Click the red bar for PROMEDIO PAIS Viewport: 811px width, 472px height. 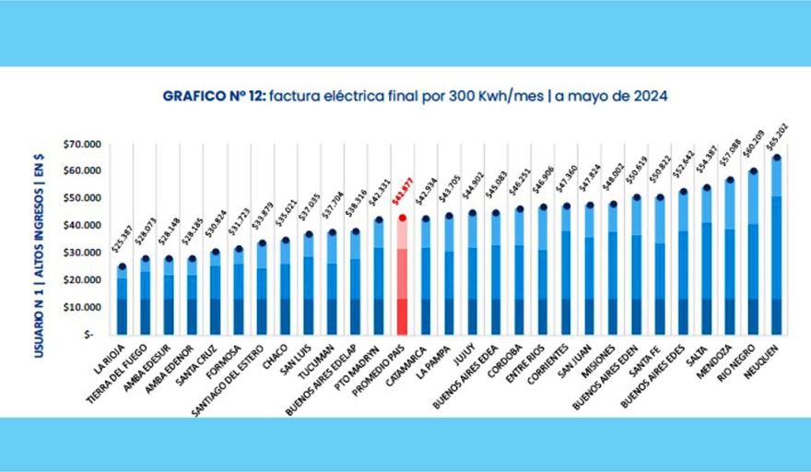[402, 277]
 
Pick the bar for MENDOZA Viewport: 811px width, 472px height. [731, 258]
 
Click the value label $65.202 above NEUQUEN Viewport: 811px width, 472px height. [778, 136]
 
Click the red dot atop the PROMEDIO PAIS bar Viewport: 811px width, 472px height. [402, 218]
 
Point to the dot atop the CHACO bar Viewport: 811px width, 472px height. [286, 241]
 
